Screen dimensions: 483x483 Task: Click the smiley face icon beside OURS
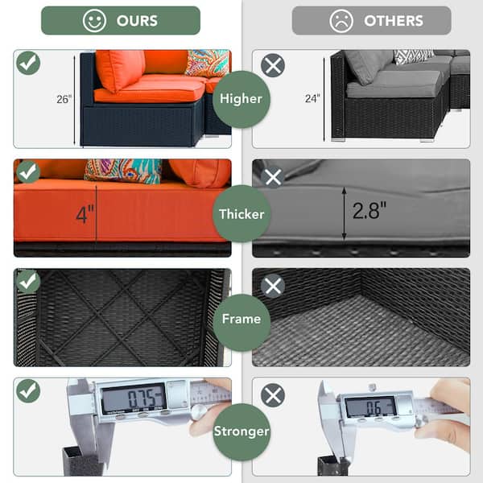[x=94, y=21]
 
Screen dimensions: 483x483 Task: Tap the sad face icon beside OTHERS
[x=341, y=21]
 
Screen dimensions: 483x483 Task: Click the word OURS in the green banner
[x=137, y=21]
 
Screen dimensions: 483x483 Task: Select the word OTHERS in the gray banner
[x=394, y=21]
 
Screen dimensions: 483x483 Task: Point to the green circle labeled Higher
[x=242, y=99]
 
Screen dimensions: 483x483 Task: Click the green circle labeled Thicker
[x=242, y=214]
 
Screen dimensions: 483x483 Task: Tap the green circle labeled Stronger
[x=242, y=431]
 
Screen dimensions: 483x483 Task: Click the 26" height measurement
[x=64, y=99]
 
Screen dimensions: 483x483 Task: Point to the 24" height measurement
[x=312, y=98]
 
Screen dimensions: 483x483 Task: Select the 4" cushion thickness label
[x=85, y=214]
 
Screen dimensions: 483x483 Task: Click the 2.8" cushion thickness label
[x=369, y=211]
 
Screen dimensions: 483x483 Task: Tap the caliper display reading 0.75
[x=134, y=398]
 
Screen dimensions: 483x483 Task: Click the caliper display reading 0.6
[x=370, y=407]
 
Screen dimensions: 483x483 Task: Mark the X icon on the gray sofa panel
[x=273, y=65]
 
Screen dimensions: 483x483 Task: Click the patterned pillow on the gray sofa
[x=413, y=56]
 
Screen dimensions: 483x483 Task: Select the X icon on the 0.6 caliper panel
[x=273, y=395]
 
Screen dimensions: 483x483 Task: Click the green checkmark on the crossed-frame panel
[x=28, y=281]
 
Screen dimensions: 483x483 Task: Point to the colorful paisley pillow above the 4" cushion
[x=123, y=171]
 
